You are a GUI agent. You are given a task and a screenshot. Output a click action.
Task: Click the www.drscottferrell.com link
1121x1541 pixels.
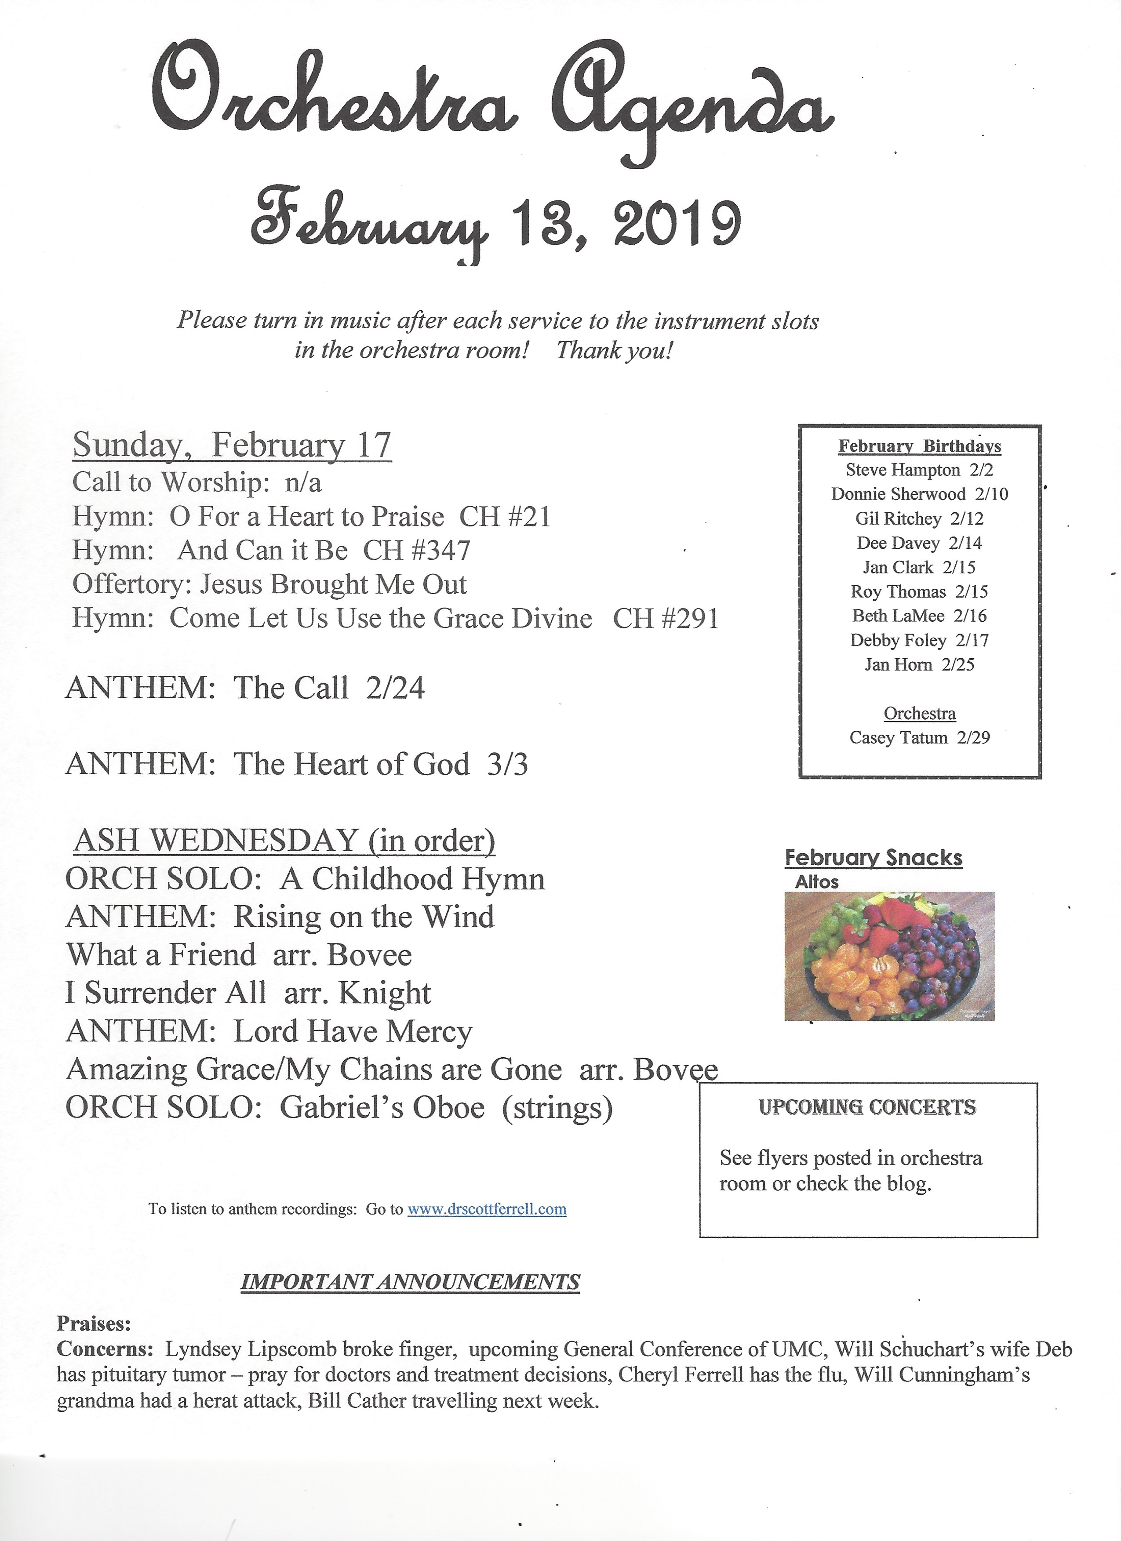[x=487, y=1209]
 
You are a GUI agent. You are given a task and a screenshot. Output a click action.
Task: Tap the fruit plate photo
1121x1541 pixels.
[x=889, y=956]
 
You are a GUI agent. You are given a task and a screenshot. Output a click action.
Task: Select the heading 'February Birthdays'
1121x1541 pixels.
[x=919, y=446]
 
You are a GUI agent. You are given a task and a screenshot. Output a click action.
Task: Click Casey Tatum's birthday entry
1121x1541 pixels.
[x=919, y=738]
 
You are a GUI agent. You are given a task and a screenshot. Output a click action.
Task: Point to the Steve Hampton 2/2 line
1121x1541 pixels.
[x=919, y=470]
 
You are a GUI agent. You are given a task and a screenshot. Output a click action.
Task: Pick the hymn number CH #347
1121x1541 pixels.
[x=417, y=550]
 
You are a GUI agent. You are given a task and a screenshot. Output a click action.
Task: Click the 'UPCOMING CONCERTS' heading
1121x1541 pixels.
[x=867, y=1107]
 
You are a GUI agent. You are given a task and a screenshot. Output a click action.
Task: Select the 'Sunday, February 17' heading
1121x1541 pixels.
[x=232, y=446]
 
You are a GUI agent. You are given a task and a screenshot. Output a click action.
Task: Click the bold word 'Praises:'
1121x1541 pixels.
[x=94, y=1323]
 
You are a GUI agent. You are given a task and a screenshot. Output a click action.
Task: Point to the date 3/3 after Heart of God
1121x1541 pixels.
[x=507, y=765]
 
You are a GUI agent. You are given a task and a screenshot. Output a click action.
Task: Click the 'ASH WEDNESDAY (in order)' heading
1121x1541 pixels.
[x=284, y=841]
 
